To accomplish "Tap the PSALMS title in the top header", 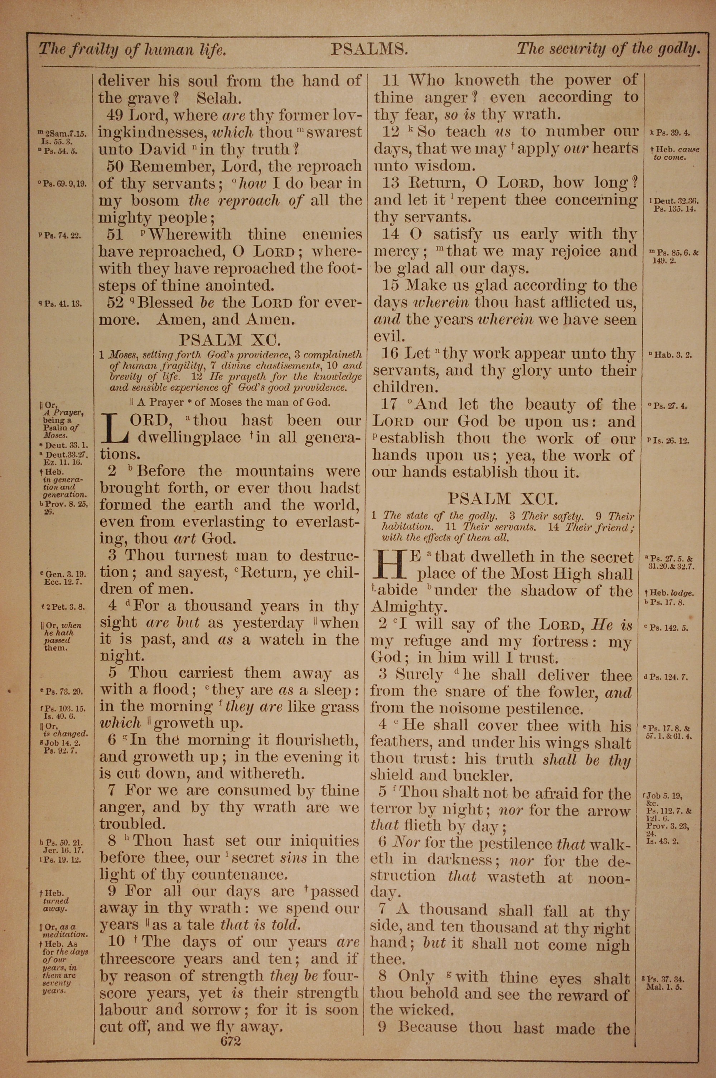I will click(368, 49).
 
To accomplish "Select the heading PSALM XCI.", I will click(502, 498).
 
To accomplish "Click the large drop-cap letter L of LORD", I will click(114, 428).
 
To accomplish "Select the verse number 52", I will click(115, 302).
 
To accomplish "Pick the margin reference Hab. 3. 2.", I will click(673, 354).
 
